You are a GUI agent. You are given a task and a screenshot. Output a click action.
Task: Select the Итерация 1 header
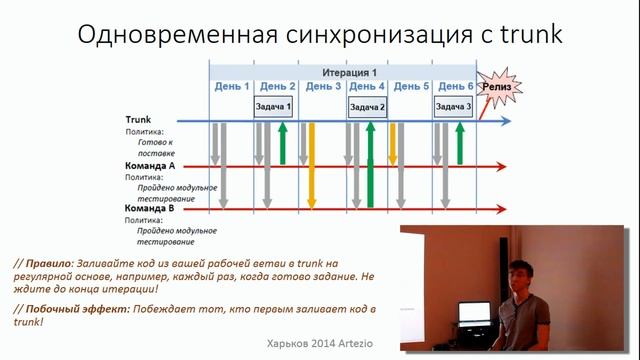pyautogui.click(x=349, y=73)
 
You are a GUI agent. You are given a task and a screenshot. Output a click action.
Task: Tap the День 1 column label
pyautogui.click(x=232, y=87)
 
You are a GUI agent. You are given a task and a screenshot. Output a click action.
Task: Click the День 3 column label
pyautogui.click(x=323, y=87)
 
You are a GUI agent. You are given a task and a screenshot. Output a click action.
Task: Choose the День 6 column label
pyautogui.click(x=456, y=87)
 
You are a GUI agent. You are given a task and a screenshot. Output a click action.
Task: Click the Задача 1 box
pyautogui.click(x=273, y=106)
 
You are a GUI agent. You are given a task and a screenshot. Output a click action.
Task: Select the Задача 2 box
pyautogui.click(x=367, y=106)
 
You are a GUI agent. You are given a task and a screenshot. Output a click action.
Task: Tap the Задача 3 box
pyautogui.click(x=453, y=106)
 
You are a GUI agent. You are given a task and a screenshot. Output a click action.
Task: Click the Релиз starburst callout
pyautogui.click(x=499, y=88)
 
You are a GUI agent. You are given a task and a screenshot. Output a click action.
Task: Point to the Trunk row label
pyautogui.click(x=138, y=119)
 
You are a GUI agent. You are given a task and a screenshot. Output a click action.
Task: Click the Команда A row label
pyautogui.click(x=150, y=166)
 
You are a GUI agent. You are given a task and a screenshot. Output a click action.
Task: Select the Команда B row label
pyautogui.click(x=150, y=208)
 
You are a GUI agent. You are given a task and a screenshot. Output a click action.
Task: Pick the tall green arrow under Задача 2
pyautogui.click(x=370, y=165)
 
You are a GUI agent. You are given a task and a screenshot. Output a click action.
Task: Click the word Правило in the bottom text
pyautogui.click(x=48, y=262)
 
